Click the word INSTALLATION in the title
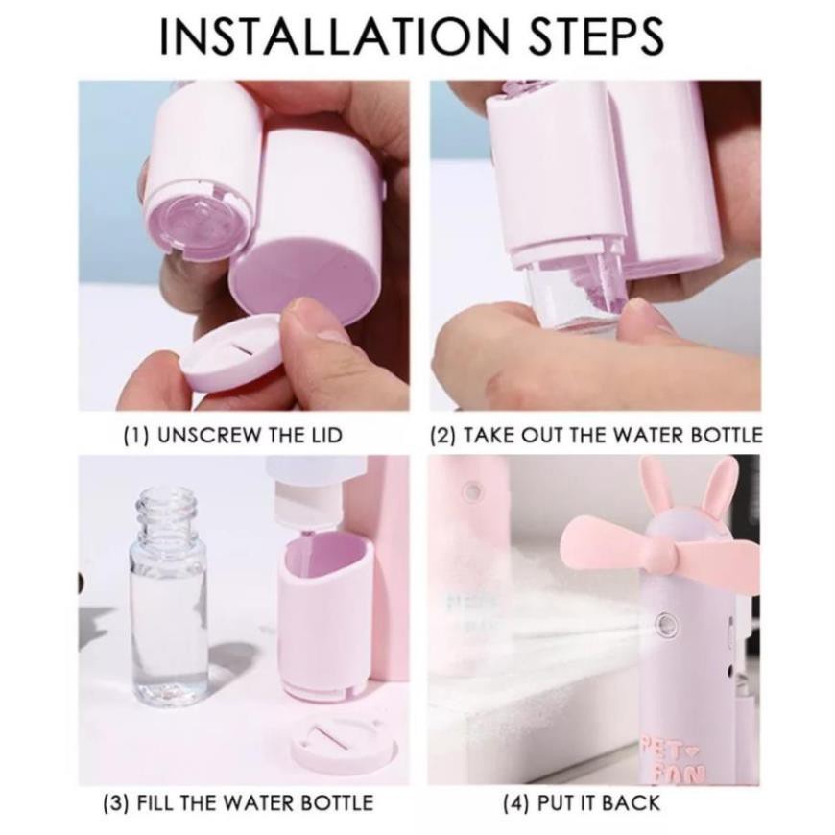(x=335, y=36)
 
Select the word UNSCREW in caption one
(x=210, y=435)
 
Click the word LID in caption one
(x=324, y=435)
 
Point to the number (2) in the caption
(x=443, y=435)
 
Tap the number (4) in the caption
(x=516, y=802)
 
